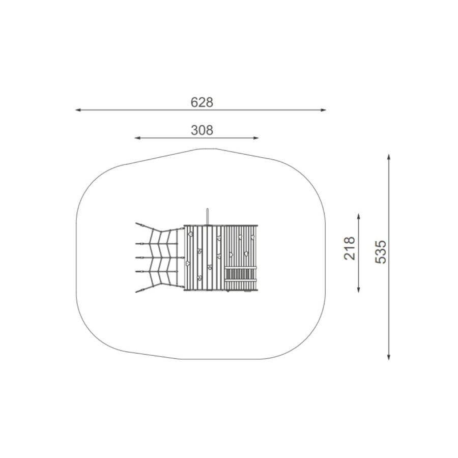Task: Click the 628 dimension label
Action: (202, 102)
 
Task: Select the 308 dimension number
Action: (202, 130)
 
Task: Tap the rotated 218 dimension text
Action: (349, 248)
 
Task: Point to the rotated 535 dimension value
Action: (380, 252)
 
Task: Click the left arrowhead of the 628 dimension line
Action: (78, 110)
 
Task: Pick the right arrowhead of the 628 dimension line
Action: (323, 110)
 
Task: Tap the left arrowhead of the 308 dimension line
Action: (137, 138)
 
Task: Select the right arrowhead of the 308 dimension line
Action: (256, 138)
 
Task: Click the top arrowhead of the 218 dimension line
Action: (359, 216)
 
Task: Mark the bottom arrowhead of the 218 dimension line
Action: (359, 290)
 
